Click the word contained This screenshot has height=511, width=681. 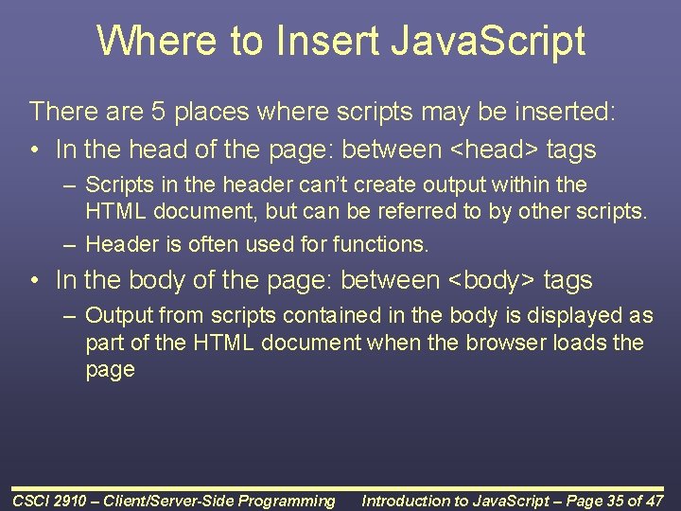click(x=347, y=315)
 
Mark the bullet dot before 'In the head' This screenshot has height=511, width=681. click(x=34, y=150)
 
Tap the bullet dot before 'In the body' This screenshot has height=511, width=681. click(x=34, y=280)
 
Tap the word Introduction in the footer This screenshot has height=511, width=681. click(x=411, y=501)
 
